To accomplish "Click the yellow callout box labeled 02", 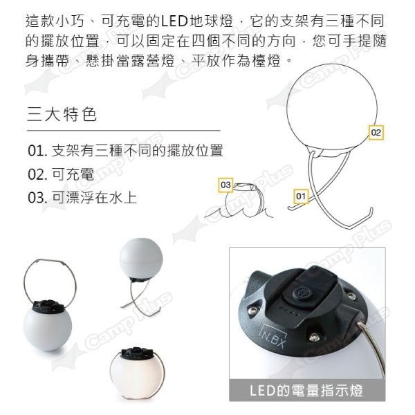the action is pos(376,132).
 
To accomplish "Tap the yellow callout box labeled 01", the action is pos(301,196).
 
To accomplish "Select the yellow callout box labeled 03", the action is pos(225,185).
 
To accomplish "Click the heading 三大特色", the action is pos(62,114).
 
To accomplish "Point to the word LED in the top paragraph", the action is pos(174,21).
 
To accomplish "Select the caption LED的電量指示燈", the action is pos(306,391).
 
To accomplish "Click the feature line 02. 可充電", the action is pos(61,174).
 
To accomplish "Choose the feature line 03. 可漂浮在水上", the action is pos(82,197).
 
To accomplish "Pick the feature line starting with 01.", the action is pos(125,150).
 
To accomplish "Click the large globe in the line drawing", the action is pos(332,107).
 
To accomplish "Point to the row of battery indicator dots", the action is pos(290,312).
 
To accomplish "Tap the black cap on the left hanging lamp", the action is pos(48,306).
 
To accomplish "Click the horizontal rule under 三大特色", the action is pos(124,131).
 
